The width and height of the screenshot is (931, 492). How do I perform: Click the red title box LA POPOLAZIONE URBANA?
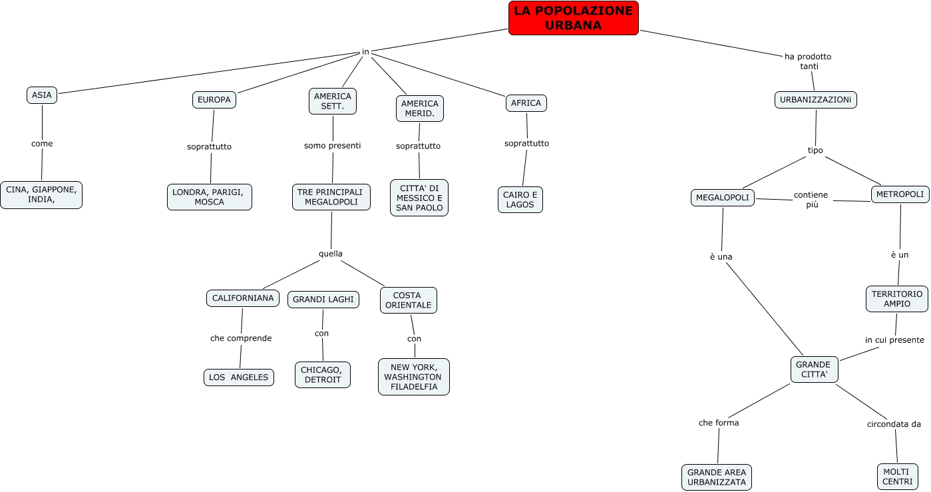tap(573, 18)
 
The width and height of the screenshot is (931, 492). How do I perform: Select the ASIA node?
tap(41, 95)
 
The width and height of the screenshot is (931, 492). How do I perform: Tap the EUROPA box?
tap(214, 100)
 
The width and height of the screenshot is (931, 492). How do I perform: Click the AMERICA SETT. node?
tap(333, 101)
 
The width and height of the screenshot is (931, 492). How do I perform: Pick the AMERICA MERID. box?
tap(419, 109)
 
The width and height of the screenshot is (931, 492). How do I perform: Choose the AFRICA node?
tap(526, 103)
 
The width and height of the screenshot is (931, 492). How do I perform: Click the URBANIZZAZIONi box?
tap(816, 100)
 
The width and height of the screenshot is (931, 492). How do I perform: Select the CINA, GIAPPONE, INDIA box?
tap(41, 194)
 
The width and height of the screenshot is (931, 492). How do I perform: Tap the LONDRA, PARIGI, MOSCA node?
tap(209, 197)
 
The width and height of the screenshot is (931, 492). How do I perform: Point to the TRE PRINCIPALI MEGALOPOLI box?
tap(331, 197)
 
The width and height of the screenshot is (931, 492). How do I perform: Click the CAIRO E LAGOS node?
tap(520, 200)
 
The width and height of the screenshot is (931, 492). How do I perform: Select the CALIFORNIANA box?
tap(243, 298)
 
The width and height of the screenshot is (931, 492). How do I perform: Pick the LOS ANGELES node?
tap(238, 377)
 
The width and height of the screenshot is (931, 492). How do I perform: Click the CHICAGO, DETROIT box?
tap(323, 375)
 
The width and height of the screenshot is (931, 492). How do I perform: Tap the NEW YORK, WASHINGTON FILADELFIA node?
tap(414, 377)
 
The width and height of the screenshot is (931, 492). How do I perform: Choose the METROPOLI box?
tap(900, 194)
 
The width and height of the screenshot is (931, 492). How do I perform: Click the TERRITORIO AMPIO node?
tap(896, 299)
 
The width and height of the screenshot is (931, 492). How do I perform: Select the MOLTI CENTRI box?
tap(896, 477)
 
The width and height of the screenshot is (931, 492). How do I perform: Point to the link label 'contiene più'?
tap(811, 200)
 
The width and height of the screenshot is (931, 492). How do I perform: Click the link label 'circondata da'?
tap(894, 424)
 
